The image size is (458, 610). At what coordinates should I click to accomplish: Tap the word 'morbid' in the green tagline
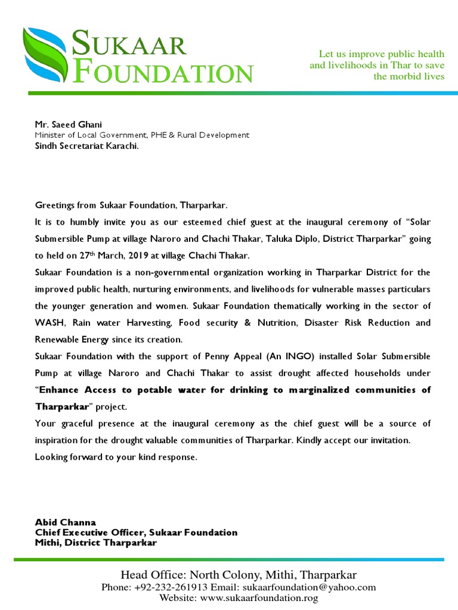[402, 76]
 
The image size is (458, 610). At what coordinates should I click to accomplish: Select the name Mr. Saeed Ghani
[69, 125]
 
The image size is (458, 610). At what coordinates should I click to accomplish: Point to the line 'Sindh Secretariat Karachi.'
[86, 145]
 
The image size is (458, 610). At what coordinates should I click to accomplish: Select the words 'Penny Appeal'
[223, 356]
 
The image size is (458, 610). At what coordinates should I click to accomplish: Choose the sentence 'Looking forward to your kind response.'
[115, 457]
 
